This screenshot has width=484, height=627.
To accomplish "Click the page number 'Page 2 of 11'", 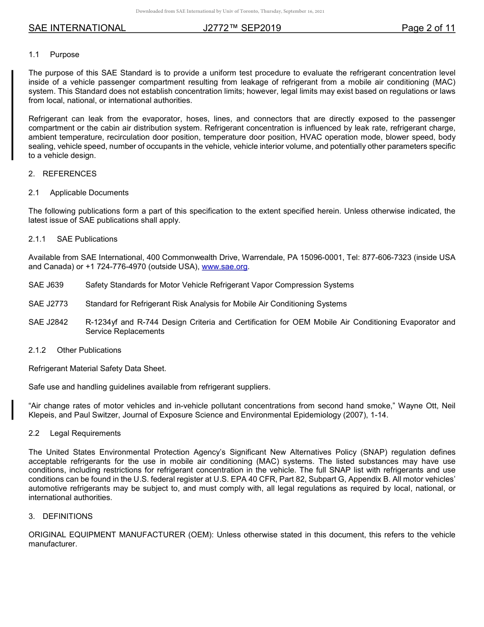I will (x=428, y=28).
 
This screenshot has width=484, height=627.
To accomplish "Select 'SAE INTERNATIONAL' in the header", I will (x=77, y=28).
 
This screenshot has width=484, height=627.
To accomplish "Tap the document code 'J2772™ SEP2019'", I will (x=242, y=28).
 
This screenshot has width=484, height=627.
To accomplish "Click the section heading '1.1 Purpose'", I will (x=54, y=55).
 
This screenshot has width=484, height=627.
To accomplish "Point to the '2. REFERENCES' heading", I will (x=62, y=174).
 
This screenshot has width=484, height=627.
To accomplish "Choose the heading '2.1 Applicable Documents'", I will (x=78, y=193).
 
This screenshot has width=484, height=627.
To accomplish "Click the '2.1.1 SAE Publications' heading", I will (x=73, y=239).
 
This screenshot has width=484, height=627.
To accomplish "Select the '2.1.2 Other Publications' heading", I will (x=75, y=350).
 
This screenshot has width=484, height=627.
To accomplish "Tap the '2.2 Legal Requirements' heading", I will (x=75, y=433).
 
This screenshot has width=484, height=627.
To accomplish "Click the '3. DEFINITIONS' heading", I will (x=61, y=516).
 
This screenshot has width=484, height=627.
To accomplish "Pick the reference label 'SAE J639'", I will (x=46, y=285).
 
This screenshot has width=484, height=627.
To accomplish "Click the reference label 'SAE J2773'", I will (x=48, y=304).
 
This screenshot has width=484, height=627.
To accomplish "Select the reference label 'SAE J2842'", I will (x=48, y=322).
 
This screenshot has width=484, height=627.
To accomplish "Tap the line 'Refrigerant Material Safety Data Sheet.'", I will (x=97, y=369).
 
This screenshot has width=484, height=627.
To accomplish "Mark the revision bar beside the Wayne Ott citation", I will (x=13, y=410).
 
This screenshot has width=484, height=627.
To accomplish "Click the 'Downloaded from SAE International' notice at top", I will (x=230, y=11).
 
